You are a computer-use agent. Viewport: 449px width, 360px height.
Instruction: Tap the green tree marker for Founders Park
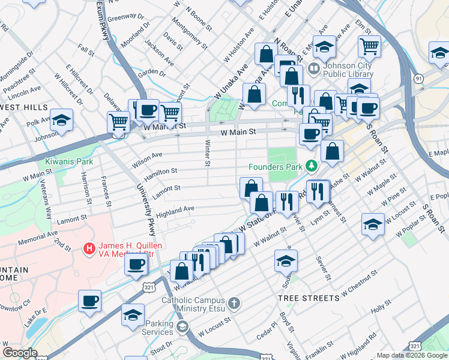click(311, 165)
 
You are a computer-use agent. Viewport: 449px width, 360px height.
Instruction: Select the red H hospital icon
click(89, 247)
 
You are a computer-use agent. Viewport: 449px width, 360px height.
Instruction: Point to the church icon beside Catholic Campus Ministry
click(234, 304)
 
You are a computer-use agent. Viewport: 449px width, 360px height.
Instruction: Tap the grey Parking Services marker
click(182, 327)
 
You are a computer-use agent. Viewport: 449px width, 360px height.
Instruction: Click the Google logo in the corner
click(20, 353)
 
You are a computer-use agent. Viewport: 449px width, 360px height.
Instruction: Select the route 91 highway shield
click(418, 78)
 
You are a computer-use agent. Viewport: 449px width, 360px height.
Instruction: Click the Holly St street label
click(381, 310)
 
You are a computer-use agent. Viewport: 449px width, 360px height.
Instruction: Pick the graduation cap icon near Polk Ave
click(61, 119)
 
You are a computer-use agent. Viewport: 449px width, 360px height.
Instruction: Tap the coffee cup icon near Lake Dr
click(89, 301)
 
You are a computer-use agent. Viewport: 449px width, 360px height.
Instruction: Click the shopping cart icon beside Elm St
click(369, 46)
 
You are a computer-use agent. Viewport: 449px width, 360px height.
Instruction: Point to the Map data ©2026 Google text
click(412, 355)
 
